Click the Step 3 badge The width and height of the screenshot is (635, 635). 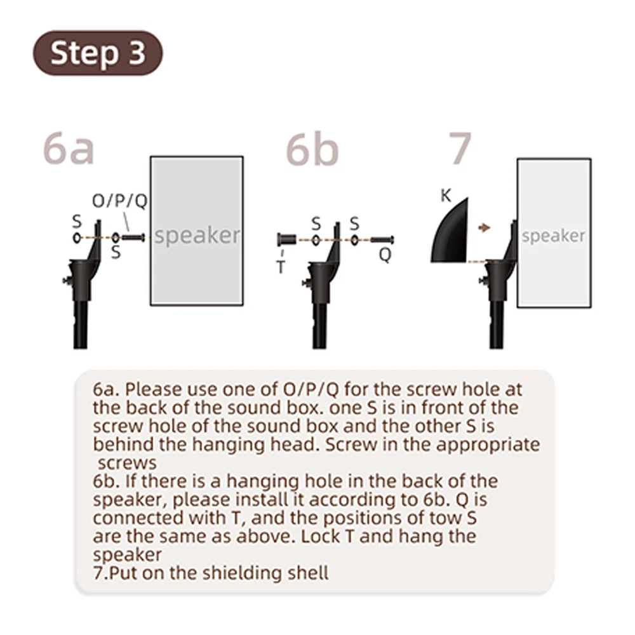(98, 53)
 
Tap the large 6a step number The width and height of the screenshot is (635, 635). (69, 149)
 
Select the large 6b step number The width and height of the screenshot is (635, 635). (312, 149)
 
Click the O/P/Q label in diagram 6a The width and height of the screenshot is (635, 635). (120, 201)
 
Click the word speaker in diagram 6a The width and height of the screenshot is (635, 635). (197, 236)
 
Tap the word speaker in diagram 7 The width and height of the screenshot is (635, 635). (553, 236)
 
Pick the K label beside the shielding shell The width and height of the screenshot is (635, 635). (446, 196)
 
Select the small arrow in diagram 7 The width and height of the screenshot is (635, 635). (484, 227)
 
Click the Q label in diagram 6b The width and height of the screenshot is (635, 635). (385, 255)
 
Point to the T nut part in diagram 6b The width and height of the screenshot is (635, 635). (287, 240)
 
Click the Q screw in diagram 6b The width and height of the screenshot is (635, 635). (382, 240)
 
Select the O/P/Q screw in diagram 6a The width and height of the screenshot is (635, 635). (133, 237)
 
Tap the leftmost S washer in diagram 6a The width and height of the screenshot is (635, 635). (77, 237)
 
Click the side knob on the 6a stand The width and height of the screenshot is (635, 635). (67, 280)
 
